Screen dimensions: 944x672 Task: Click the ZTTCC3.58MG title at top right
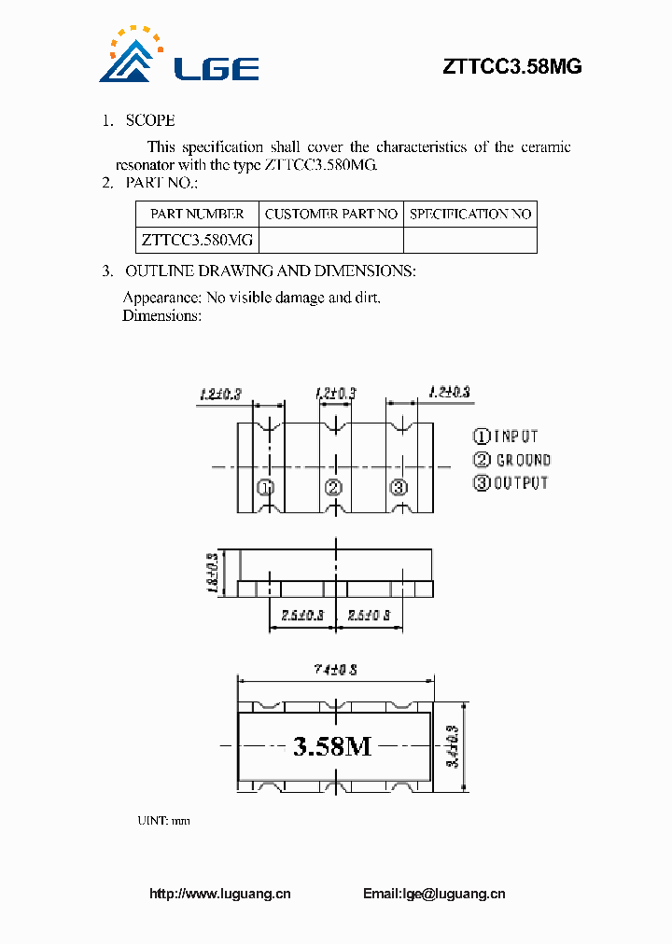pyautogui.click(x=511, y=66)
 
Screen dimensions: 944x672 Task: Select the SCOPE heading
pyautogui.click(x=150, y=120)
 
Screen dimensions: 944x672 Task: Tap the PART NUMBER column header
pyautogui.click(x=197, y=214)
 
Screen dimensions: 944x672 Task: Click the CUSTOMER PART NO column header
pyautogui.click(x=331, y=214)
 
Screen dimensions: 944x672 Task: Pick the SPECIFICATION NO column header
pyautogui.click(x=470, y=214)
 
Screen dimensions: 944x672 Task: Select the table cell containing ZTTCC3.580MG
pyautogui.click(x=197, y=240)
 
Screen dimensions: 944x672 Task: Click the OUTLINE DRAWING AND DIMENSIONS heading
pyautogui.click(x=271, y=271)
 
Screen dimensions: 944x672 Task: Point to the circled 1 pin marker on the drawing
pyautogui.click(x=265, y=487)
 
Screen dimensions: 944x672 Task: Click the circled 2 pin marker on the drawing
pyautogui.click(x=333, y=487)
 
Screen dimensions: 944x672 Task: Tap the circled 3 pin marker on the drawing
pyautogui.click(x=399, y=487)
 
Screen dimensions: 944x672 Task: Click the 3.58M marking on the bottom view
pyautogui.click(x=332, y=746)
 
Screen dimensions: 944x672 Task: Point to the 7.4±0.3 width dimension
pyautogui.click(x=336, y=670)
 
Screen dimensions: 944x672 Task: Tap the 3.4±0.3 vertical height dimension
pyautogui.click(x=452, y=746)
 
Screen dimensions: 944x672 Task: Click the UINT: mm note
pyautogui.click(x=163, y=821)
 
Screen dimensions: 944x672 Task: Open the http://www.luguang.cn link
pyautogui.click(x=220, y=894)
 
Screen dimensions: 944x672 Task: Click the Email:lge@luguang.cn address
pyautogui.click(x=434, y=894)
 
